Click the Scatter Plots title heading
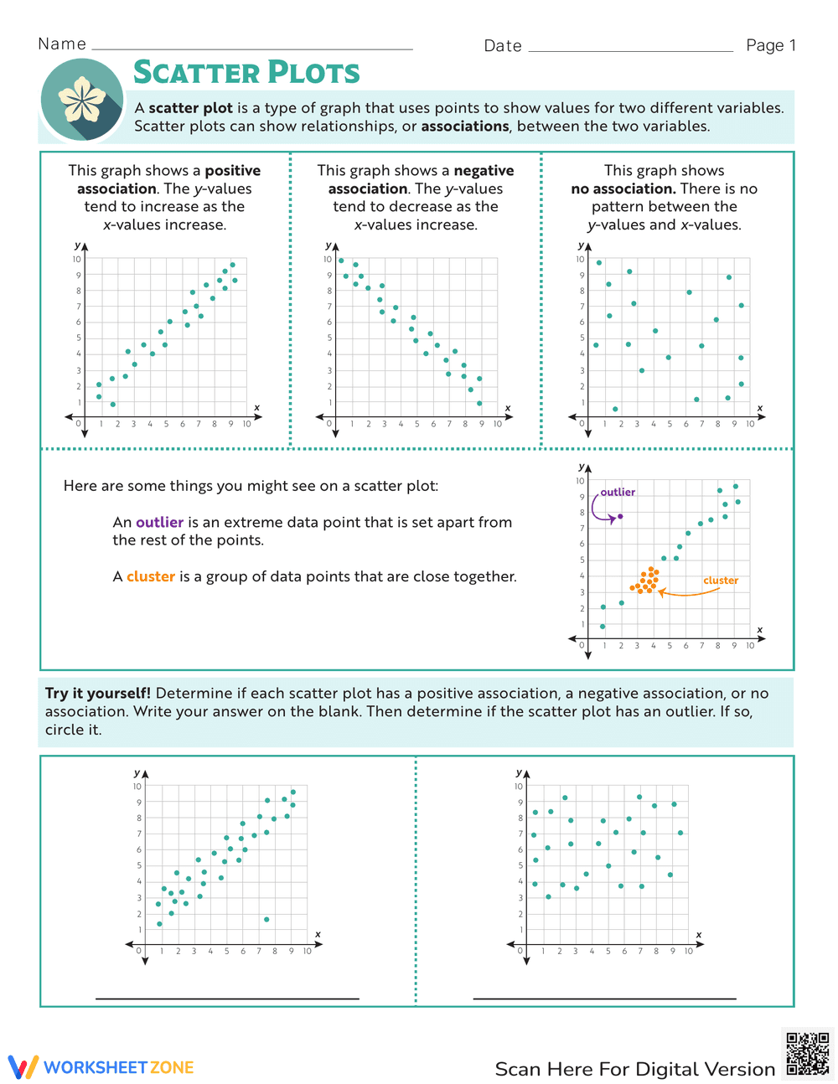pos(246,73)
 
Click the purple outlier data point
pos(620,516)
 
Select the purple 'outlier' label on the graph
pos(618,493)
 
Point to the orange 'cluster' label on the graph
pos(721,581)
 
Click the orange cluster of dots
pos(645,581)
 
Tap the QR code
pos(808,1055)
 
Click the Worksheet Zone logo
pos(101,1067)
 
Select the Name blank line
pos(251,48)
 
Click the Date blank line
pos(630,49)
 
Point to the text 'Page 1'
pos(771,45)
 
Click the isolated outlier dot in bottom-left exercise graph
pos(266,920)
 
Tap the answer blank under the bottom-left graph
pos(227,997)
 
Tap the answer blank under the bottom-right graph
pos(604,997)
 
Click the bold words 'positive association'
pos(168,180)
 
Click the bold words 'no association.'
pos(623,189)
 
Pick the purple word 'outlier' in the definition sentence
pos(159,523)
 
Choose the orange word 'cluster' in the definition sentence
pos(151,577)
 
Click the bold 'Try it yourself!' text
pos(98,694)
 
